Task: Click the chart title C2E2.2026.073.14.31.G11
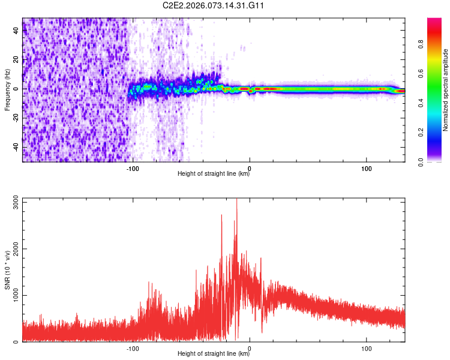(214, 5)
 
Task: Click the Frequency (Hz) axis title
(7, 90)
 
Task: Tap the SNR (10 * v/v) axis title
(7, 269)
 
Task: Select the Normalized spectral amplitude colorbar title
(446, 90)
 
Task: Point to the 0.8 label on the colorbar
(422, 43)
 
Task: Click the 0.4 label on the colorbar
(422, 103)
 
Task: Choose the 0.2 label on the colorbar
(422, 132)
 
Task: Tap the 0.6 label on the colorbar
(422, 73)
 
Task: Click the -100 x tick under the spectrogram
(133, 168)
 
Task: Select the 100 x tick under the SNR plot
(367, 348)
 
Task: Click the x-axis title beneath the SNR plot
(214, 354)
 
